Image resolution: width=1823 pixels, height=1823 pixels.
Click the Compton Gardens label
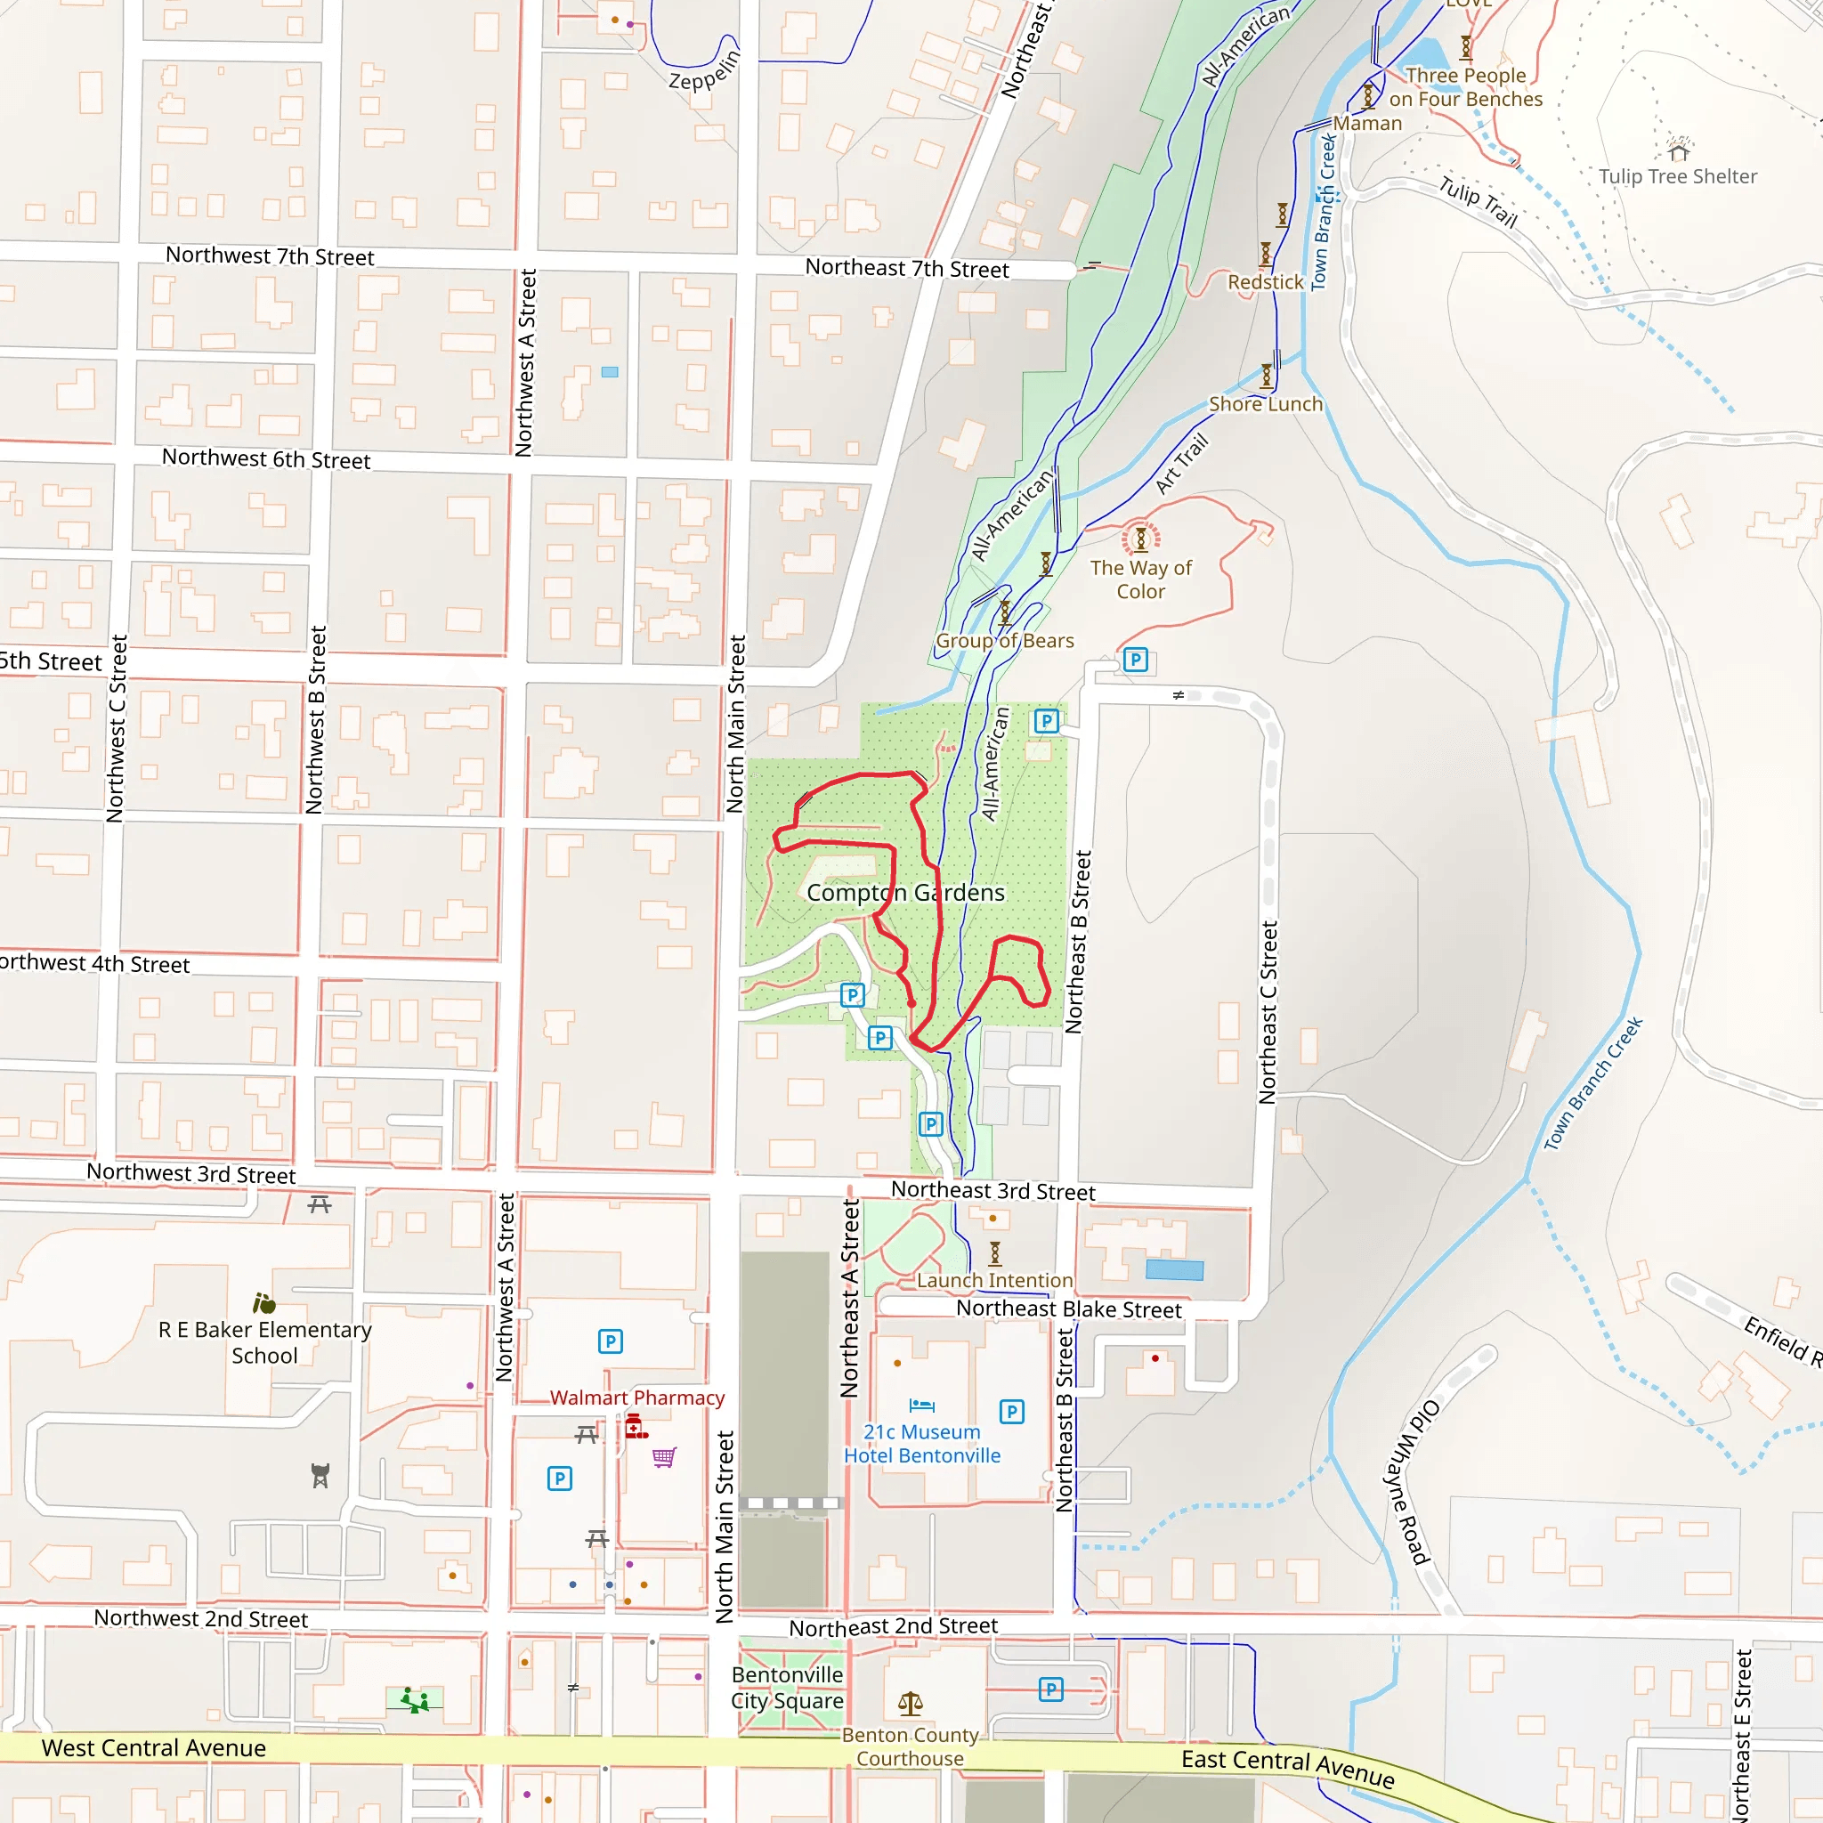(905, 893)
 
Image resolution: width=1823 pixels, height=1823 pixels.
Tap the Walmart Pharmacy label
(637, 1398)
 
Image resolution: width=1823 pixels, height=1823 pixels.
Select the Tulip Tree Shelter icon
(1678, 151)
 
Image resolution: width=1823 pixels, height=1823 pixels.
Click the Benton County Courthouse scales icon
(911, 1702)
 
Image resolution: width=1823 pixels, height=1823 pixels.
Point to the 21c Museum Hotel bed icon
(922, 1406)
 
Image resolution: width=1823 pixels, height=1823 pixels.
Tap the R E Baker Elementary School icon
(264, 1304)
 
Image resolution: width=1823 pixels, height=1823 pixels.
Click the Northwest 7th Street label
(270, 255)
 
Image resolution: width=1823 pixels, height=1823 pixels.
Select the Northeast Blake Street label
(1068, 1309)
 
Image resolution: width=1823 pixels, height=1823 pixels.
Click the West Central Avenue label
(154, 1747)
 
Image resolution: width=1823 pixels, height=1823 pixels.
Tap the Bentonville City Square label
(787, 1687)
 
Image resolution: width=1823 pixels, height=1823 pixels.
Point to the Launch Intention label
(994, 1280)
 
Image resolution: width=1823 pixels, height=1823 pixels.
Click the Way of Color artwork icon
(1141, 539)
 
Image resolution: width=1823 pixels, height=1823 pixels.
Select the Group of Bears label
(1004, 641)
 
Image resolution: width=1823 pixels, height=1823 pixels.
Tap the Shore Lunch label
(1266, 404)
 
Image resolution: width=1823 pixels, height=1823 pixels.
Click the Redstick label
(1266, 281)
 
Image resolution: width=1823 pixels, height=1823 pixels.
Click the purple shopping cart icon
(664, 1457)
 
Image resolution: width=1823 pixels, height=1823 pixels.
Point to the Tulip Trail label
(1478, 202)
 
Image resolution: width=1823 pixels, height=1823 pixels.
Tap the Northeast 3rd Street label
(993, 1191)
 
